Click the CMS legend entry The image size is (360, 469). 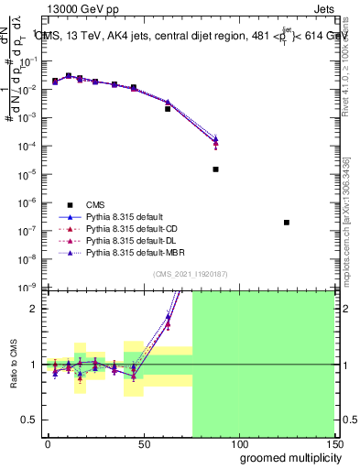click(96, 204)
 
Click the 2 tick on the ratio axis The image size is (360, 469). click(34, 309)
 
